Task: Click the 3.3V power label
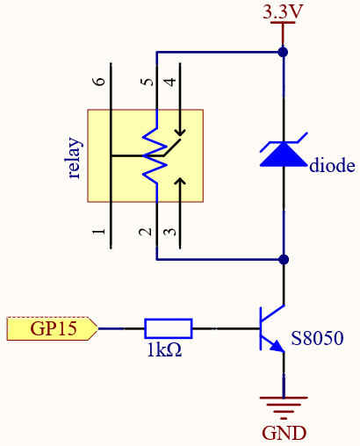point(283,11)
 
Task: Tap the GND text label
point(284,433)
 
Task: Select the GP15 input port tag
point(52,328)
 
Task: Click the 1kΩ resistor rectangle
point(169,328)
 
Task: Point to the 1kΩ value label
point(164,349)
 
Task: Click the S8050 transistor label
point(317,338)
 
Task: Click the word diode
point(332,165)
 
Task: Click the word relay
point(75,157)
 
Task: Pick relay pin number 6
point(100,82)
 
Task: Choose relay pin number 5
point(148,82)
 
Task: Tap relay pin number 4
point(171,82)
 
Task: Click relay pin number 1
point(99,232)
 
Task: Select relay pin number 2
point(146,232)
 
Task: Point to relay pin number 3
point(170,232)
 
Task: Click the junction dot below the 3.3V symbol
point(283,53)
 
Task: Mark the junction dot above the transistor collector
point(284,259)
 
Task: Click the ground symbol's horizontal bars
point(284,408)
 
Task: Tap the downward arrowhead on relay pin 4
point(180,133)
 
